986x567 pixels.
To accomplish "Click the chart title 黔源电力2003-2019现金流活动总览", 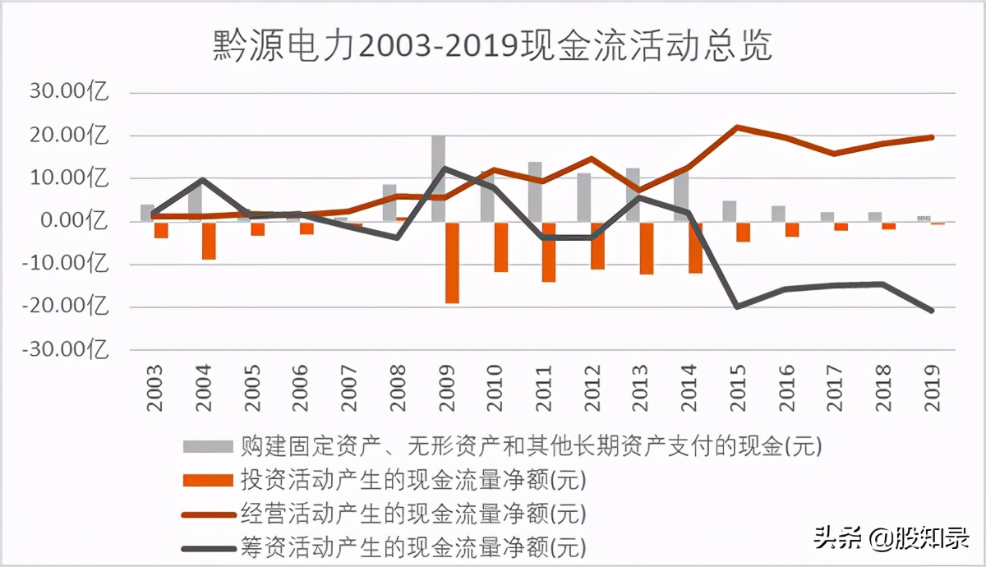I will coord(492,47).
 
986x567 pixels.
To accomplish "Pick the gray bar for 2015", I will coord(729,211).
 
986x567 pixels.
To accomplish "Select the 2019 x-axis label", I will coord(931,382).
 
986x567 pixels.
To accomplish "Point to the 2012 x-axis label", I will coord(592,382).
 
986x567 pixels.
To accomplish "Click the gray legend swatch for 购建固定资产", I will coord(209,447).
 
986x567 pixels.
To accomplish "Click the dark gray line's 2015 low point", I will coord(737,307).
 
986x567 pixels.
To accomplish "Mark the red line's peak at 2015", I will coord(737,127).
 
